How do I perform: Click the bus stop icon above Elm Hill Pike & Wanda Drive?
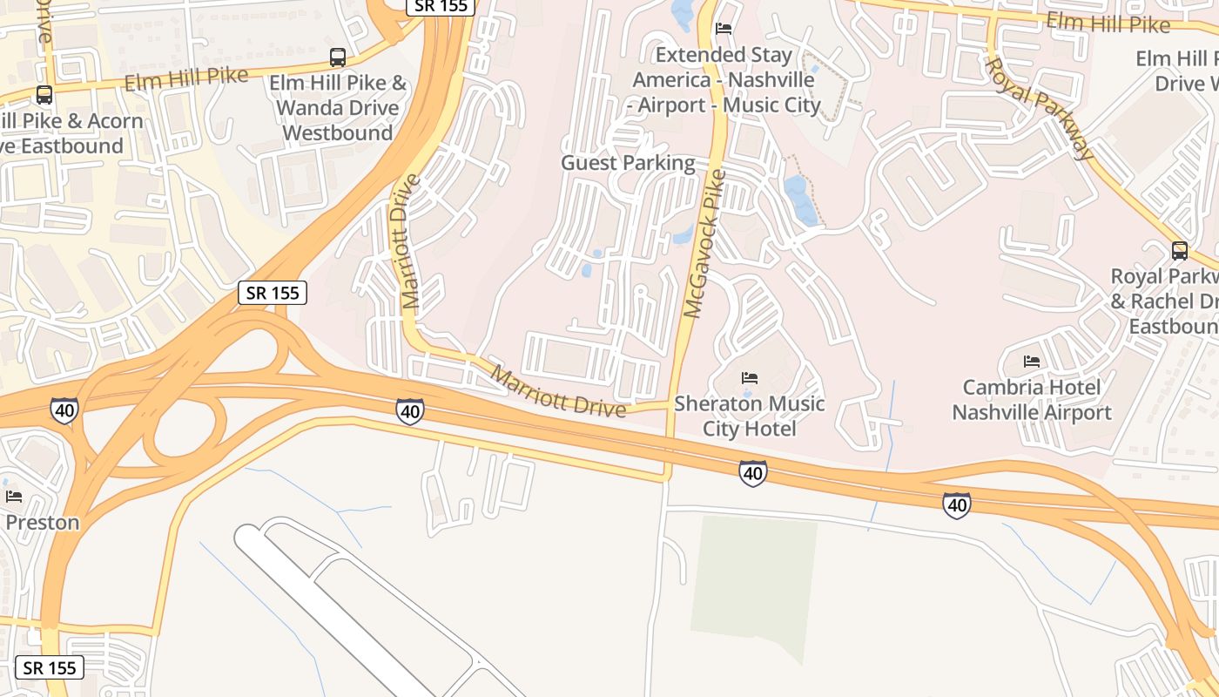pyautogui.click(x=338, y=58)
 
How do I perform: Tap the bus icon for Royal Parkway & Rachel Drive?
pyautogui.click(x=1180, y=251)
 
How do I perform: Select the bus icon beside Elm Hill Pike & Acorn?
pyautogui.click(x=44, y=95)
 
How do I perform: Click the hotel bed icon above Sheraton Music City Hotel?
pyautogui.click(x=750, y=378)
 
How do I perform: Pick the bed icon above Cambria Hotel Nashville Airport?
pyautogui.click(x=1032, y=361)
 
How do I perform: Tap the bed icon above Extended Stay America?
pyautogui.click(x=724, y=28)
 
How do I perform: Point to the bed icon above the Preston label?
pyautogui.click(x=14, y=497)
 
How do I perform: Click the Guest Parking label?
pyautogui.click(x=628, y=163)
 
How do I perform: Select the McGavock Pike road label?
pyautogui.click(x=704, y=244)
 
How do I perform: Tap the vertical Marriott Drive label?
pyautogui.click(x=411, y=241)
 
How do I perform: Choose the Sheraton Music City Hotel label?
pyautogui.click(x=749, y=416)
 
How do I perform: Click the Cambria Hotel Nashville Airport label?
pyautogui.click(x=1032, y=399)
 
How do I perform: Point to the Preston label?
pyautogui.click(x=42, y=522)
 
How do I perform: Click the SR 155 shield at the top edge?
pyautogui.click(x=441, y=6)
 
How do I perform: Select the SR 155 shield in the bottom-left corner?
pyautogui.click(x=50, y=668)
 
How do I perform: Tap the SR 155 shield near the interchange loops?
pyautogui.click(x=273, y=293)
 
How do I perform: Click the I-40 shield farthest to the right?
pyautogui.click(x=956, y=504)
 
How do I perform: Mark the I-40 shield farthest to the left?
pyautogui.click(x=64, y=410)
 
